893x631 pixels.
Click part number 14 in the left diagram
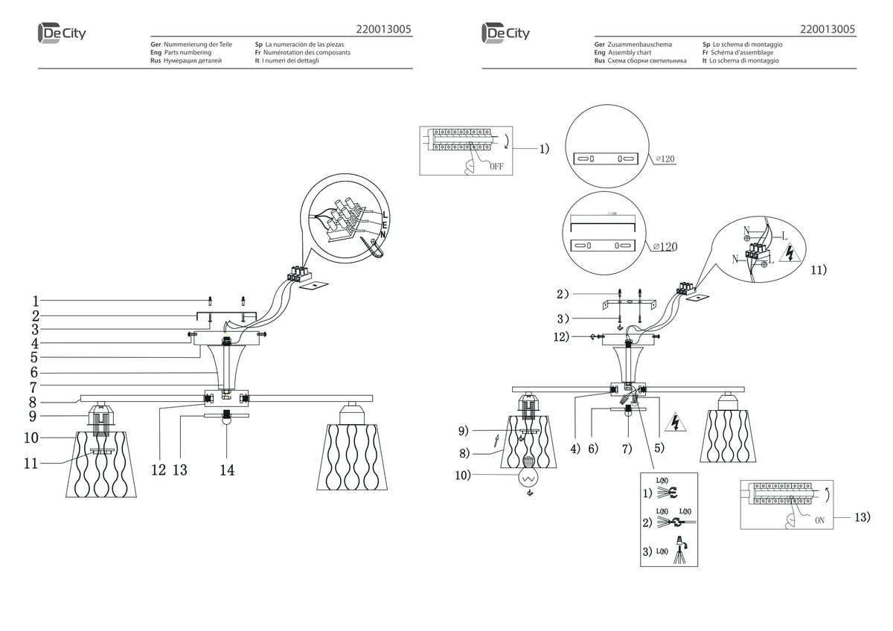[228, 470]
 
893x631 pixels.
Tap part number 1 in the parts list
[35, 301]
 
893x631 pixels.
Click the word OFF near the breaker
[496, 167]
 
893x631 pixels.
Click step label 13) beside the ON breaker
[860, 516]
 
